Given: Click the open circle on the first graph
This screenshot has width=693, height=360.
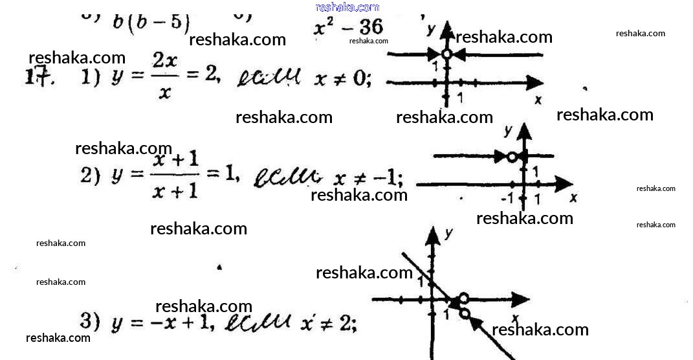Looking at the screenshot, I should [446, 54].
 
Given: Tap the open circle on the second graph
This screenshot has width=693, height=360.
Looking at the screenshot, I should [512, 156].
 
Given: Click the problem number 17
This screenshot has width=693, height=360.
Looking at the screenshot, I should [38, 77].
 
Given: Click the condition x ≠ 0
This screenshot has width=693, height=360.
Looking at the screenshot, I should [342, 80].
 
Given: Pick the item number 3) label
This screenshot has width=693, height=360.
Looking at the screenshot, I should [89, 320].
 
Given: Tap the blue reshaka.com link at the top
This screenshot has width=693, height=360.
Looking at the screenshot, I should [347, 7].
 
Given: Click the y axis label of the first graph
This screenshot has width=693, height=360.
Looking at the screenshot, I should [430, 29].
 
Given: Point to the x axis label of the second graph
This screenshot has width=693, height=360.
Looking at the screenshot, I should [573, 197].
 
